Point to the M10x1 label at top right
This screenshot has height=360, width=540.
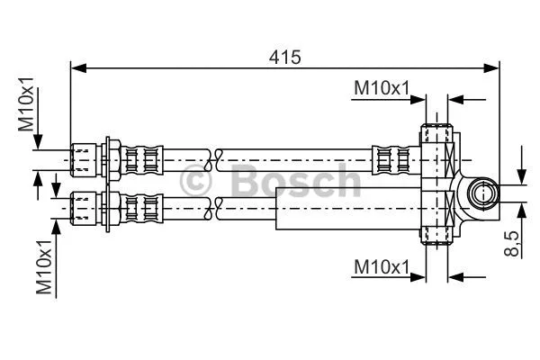(x=381, y=87)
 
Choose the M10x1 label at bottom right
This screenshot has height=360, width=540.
(x=381, y=266)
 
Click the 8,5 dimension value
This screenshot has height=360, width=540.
(x=511, y=244)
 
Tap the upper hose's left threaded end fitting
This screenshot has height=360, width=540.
(x=83, y=159)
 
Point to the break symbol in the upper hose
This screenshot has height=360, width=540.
(x=215, y=160)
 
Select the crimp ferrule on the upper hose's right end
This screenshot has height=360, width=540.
(x=385, y=160)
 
